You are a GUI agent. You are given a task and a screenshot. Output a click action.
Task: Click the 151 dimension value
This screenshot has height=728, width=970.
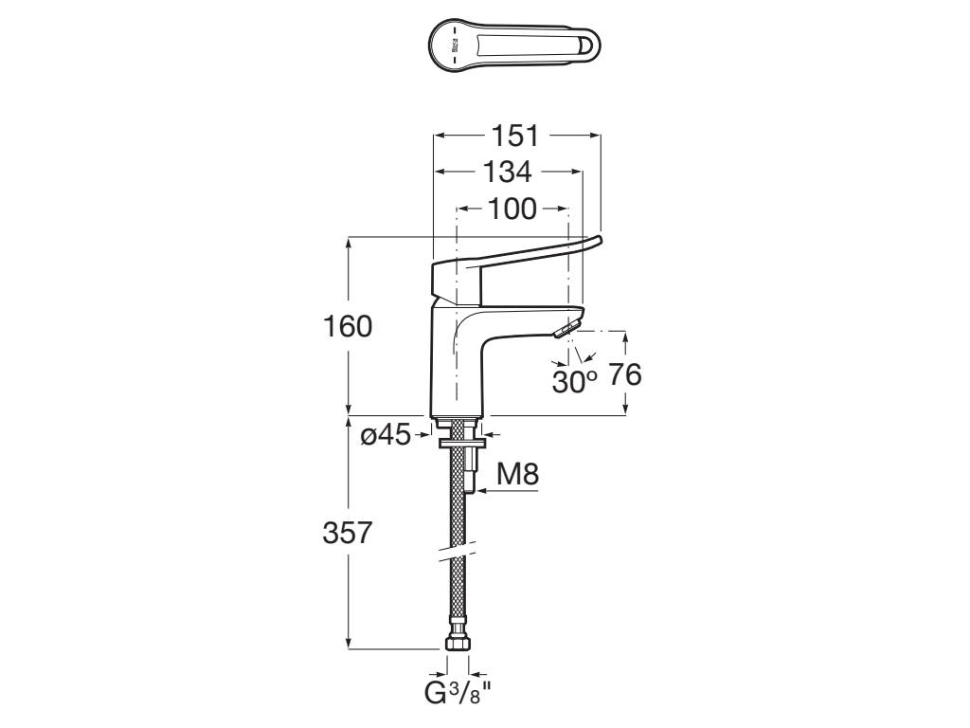(517, 136)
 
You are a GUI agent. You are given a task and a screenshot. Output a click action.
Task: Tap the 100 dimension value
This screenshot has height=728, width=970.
(512, 208)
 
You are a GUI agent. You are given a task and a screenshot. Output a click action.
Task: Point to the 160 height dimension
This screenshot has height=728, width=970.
(348, 327)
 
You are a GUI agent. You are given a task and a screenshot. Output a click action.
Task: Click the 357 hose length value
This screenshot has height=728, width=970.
(348, 533)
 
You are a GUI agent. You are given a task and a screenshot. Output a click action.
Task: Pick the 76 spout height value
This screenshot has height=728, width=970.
(624, 375)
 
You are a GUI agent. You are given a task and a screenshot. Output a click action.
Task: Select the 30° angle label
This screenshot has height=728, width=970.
(575, 381)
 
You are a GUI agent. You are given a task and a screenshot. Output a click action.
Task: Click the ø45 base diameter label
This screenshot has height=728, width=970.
(386, 435)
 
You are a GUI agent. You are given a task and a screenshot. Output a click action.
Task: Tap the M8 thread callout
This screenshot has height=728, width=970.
(518, 474)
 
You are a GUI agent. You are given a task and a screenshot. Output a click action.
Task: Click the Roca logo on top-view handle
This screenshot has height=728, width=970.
(453, 45)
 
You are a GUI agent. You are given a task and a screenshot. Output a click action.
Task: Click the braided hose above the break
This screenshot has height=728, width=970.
(458, 512)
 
